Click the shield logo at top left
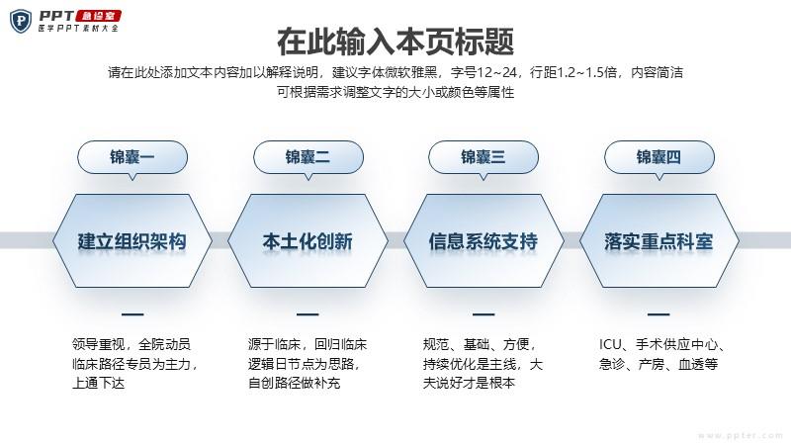(21, 22)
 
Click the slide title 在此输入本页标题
(395, 42)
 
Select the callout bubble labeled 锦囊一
(132, 157)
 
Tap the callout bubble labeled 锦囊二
(308, 157)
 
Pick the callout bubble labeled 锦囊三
(483, 157)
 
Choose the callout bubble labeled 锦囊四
(659, 157)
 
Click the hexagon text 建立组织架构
(132, 241)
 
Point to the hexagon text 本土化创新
(308, 241)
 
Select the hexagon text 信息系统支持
(483, 241)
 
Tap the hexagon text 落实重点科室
(659, 241)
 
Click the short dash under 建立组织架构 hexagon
(132, 314)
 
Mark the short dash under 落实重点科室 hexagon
(659, 314)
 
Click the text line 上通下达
(98, 383)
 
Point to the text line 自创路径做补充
(294, 383)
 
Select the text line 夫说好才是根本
(469, 383)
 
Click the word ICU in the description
(610, 344)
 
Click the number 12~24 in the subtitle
(496, 72)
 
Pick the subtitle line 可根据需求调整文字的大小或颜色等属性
(395, 92)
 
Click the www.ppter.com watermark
(741, 435)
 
